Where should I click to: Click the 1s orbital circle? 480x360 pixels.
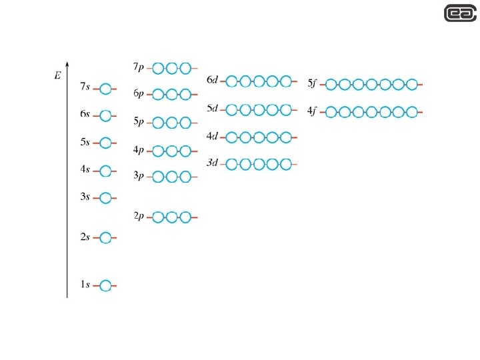coord(105,286)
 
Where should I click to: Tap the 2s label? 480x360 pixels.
coord(85,237)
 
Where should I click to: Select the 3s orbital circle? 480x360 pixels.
coord(105,198)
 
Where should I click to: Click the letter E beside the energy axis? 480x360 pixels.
coord(57,76)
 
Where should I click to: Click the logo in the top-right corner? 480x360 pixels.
coord(461,13)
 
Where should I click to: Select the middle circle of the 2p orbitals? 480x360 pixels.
coord(171,217)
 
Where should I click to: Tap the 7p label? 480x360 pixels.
coord(139,67)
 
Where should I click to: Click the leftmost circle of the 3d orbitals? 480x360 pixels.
coord(231,164)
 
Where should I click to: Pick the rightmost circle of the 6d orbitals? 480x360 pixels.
coord(286,81)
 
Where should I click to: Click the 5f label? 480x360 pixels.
coord(312,83)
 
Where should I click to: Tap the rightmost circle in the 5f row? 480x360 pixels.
coord(412,85)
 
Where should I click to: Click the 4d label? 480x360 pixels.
coord(212,137)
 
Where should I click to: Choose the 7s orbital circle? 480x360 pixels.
coord(105,88)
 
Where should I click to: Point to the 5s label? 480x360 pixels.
coord(85,142)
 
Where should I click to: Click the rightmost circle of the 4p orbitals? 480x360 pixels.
coord(185,151)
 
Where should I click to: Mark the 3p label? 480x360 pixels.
coord(139,175)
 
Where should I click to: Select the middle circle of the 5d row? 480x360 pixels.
coord(259,109)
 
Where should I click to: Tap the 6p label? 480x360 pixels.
coord(139,94)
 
